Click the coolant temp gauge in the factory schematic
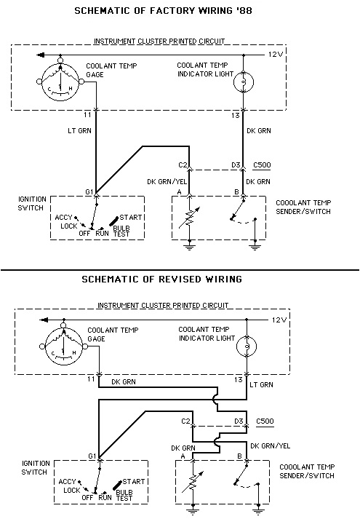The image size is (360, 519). (60, 81)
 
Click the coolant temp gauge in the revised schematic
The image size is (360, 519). (63, 346)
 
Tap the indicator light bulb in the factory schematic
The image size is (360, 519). (244, 82)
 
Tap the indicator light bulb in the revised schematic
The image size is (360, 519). (247, 346)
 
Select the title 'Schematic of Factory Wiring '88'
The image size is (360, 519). (164, 11)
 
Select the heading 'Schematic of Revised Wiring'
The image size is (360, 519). (161, 279)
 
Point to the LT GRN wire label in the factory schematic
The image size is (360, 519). (79, 131)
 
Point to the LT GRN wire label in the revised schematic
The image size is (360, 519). (261, 384)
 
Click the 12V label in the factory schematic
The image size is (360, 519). (276, 55)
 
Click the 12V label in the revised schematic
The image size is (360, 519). (279, 320)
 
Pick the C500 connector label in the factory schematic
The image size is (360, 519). (262, 165)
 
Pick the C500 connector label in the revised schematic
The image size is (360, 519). (265, 421)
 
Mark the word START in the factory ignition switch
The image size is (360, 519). (131, 217)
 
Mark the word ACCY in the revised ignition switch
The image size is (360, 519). (67, 482)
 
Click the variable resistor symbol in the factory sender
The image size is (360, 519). (189, 217)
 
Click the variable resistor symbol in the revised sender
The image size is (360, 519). (192, 482)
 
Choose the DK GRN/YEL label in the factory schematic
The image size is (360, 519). (167, 182)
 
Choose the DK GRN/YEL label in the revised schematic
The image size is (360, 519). (270, 446)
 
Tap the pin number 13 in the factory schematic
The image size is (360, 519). (235, 116)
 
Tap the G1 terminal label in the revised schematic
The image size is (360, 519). (92, 456)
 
